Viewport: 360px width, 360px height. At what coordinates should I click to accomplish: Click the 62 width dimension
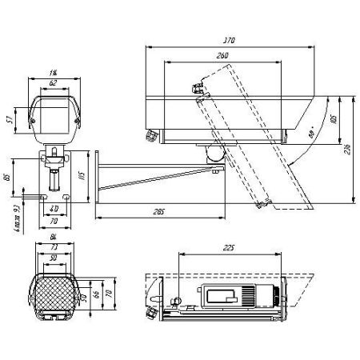tap(54, 82)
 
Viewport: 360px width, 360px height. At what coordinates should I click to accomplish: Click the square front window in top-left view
tap(54, 114)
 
